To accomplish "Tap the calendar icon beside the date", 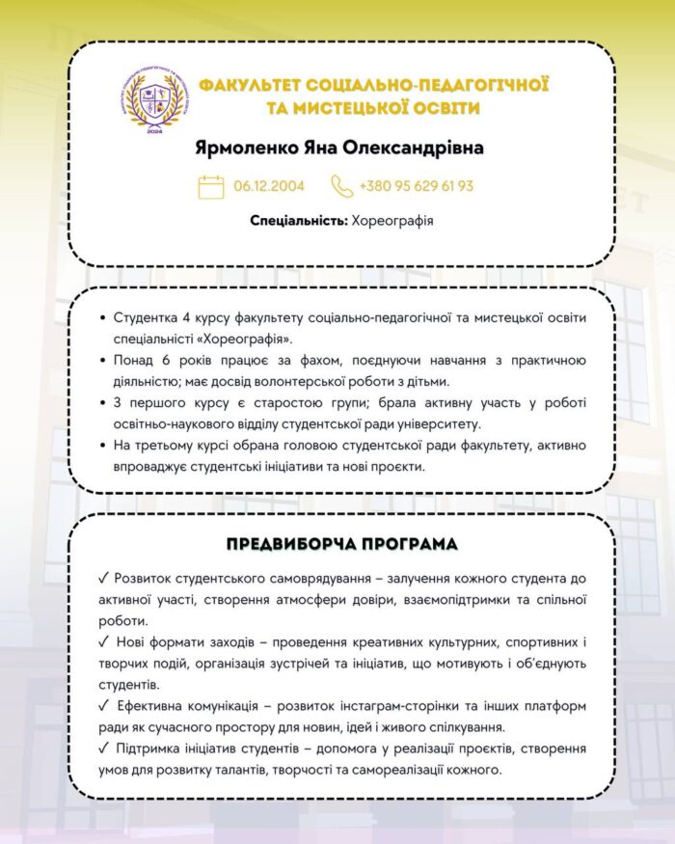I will tap(210, 186).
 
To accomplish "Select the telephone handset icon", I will tap(342, 186).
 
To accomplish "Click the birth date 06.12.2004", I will tap(269, 186).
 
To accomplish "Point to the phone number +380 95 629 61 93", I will tap(416, 186).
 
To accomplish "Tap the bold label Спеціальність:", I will tap(298, 221).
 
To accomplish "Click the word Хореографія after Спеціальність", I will tap(392, 221).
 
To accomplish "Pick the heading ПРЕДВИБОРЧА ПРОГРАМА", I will tap(342, 545).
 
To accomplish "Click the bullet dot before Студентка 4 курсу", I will tap(103, 319).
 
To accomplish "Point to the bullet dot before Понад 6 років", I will tap(103, 362).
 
